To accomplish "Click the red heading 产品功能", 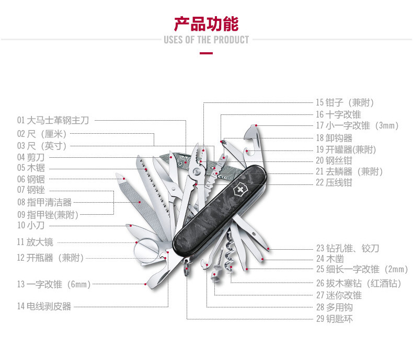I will click(206, 24).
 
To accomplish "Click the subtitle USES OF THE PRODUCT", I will click(206, 40).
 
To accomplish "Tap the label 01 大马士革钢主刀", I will click(53, 120).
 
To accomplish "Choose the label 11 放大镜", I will click(35, 242).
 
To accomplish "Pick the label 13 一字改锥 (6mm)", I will click(53, 284).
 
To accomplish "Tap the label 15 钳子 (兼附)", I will click(345, 102).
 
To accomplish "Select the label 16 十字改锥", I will click(338, 114).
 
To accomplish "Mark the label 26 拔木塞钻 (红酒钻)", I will click(359, 283).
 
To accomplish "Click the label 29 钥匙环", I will click(334, 319).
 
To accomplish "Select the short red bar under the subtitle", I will click(206, 53).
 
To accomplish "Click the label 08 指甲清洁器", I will click(44, 202).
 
